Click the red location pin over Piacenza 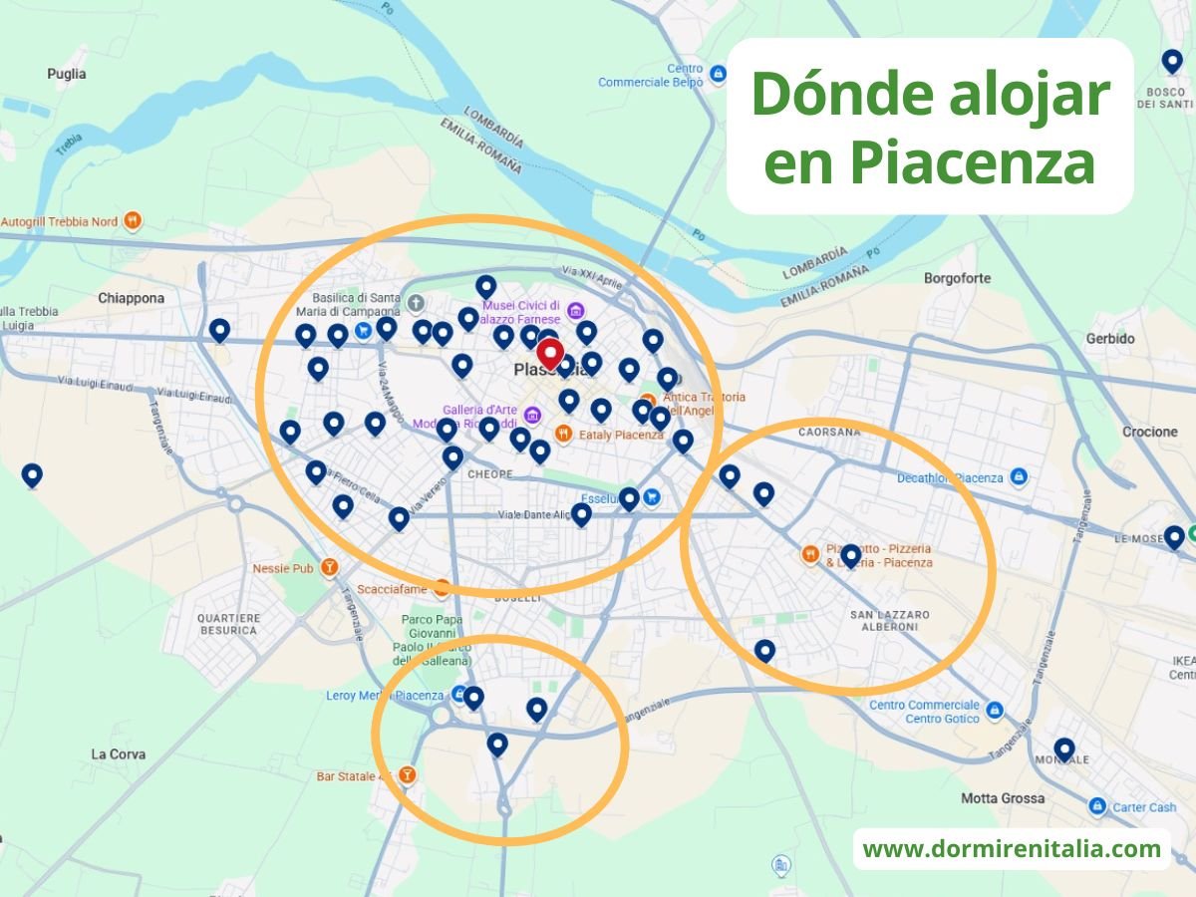click(x=549, y=354)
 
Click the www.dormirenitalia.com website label click(x=1012, y=849)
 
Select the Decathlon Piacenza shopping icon click(x=1019, y=477)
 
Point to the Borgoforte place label click(x=957, y=278)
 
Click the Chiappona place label click(x=131, y=298)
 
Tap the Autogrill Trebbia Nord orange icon click(x=133, y=220)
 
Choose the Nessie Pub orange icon click(x=329, y=568)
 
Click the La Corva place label click(x=118, y=753)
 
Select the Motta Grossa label click(x=1003, y=798)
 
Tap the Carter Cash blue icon click(x=1097, y=806)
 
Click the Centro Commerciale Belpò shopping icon click(x=719, y=72)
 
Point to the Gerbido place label click(x=1110, y=339)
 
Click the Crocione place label click(x=1149, y=432)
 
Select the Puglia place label click(x=67, y=74)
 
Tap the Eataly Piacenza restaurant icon click(x=563, y=434)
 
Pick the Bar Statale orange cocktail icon click(x=407, y=775)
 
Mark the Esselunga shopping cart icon click(x=652, y=496)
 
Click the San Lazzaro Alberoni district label click(x=890, y=621)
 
